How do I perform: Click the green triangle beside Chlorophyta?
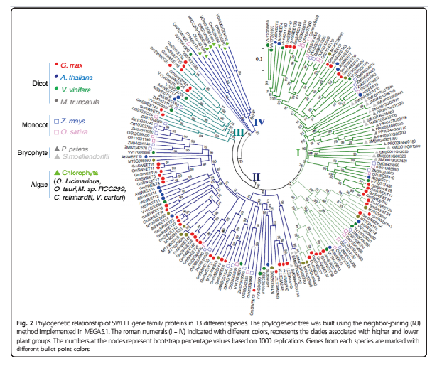(55, 173)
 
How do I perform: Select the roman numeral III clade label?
(239, 131)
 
